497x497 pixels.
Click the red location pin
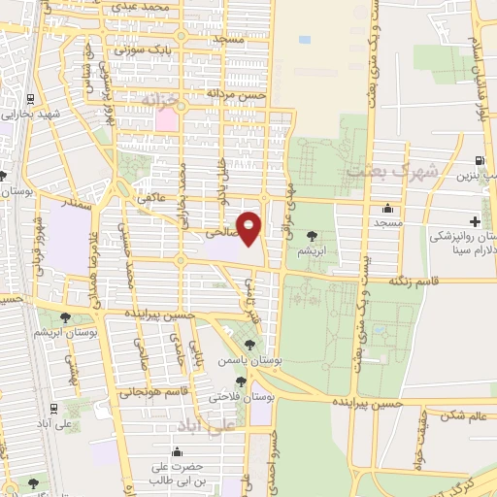(x=249, y=227)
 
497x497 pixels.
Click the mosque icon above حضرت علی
(x=177, y=451)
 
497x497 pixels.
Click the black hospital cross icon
(x=475, y=222)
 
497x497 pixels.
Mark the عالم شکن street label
(x=462, y=415)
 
